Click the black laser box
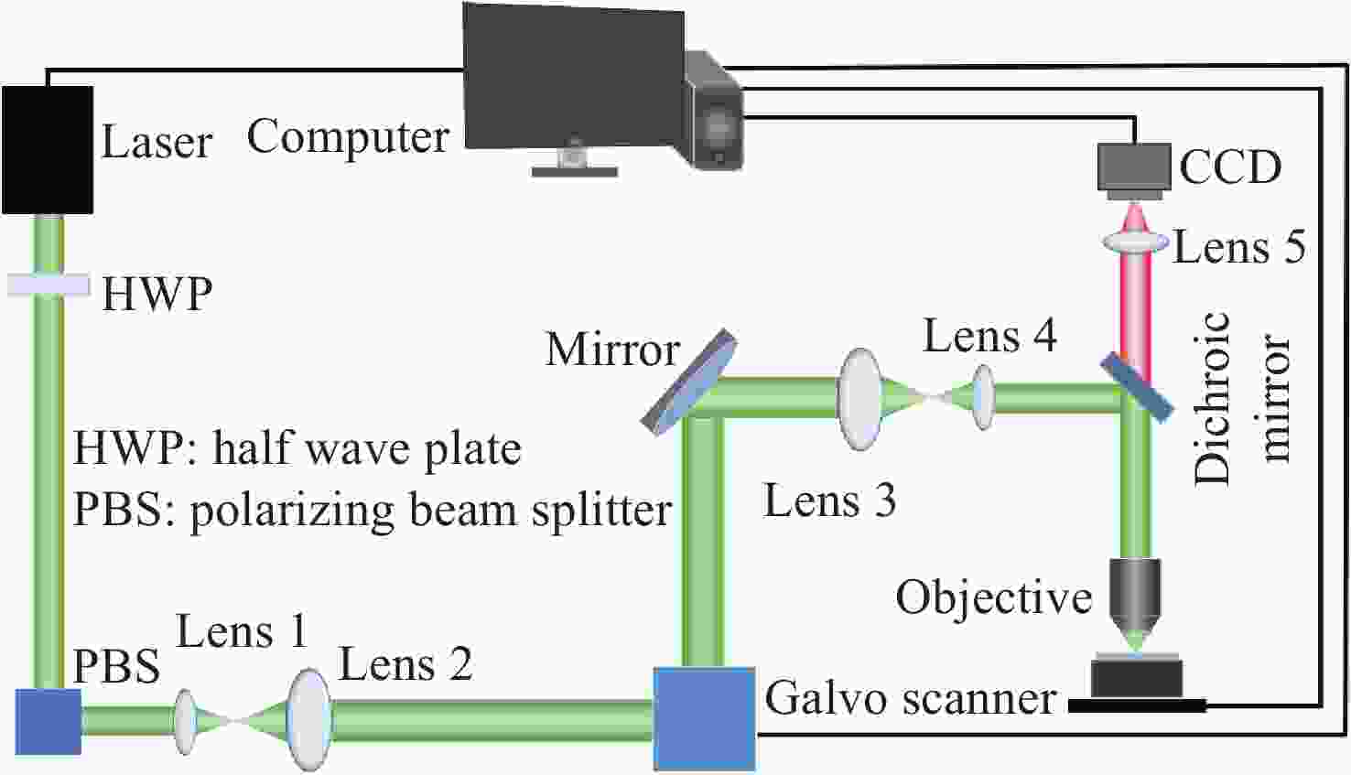(48, 149)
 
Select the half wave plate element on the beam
(49, 285)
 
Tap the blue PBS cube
(49, 722)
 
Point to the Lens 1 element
(185, 722)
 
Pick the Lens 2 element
(309, 719)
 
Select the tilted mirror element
(688, 382)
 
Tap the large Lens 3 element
(859, 399)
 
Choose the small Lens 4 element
(983, 397)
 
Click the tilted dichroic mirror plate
(1137, 387)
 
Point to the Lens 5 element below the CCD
(1134, 242)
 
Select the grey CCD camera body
(1134, 171)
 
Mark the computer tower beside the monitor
(714, 111)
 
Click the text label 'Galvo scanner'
(911, 698)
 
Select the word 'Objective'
(994, 597)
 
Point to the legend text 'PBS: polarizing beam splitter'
(373, 511)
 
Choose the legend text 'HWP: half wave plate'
(297, 449)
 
